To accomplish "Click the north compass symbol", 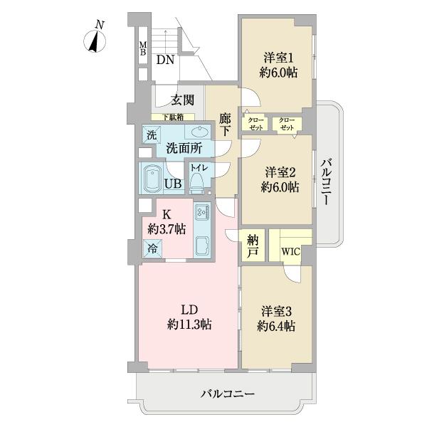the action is click(x=95, y=41).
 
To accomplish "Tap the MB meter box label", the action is click(x=143, y=48).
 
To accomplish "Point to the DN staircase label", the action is click(x=165, y=60).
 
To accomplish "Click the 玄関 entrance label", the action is click(x=182, y=100).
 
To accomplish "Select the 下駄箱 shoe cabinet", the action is click(x=173, y=117).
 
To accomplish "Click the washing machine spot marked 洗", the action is click(x=152, y=135).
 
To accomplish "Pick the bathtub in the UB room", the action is click(x=152, y=178).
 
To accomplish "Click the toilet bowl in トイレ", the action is click(x=196, y=184).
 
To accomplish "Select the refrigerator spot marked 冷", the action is click(x=152, y=248).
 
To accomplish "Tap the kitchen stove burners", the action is click(x=203, y=211).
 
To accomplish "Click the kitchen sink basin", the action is click(x=202, y=246).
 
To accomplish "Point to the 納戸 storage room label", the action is click(x=253, y=246).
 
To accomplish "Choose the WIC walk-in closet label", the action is click(x=290, y=251).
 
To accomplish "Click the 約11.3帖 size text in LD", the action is click(x=189, y=325).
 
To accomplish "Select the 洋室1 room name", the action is click(x=278, y=58).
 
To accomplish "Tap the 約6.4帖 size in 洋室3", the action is click(x=276, y=326).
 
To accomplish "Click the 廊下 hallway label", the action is click(x=225, y=125).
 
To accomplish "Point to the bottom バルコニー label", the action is click(x=228, y=394).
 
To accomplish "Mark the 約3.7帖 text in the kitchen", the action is click(x=167, y=229).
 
